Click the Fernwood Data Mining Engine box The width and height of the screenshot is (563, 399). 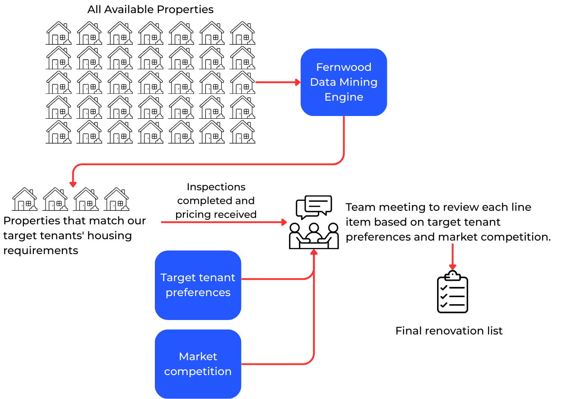point(344,82)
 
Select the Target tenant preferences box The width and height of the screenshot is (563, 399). point(198,285)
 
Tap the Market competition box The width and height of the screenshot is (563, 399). point(198,364)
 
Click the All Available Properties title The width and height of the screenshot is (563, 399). point(150,9)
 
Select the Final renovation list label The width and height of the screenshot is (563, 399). point(449,331)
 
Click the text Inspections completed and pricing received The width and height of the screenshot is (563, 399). point(216,200)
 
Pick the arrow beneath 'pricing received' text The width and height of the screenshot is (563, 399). point(223,222)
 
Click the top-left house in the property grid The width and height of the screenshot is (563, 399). point(59,33)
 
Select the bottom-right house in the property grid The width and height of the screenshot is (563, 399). point(242,132)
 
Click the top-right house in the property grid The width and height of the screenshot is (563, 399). point(242,33)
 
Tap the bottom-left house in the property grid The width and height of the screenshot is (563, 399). point(59,132)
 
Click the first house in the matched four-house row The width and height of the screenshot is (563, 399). point(25,199)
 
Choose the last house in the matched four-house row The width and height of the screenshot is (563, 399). point(116,199)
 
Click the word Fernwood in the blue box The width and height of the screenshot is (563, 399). point(344,67)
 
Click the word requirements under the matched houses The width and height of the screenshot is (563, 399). point(41,251)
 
